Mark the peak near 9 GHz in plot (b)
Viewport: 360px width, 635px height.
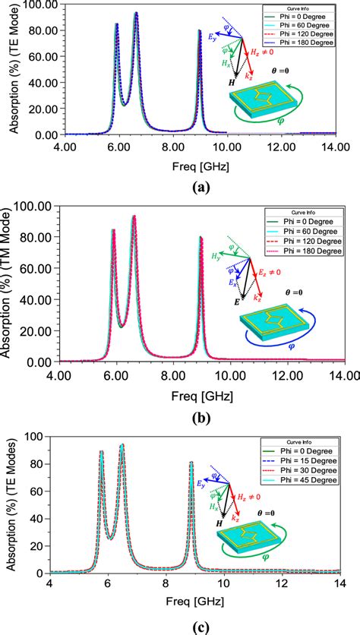pyautogui.click(x=201, y=237)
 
